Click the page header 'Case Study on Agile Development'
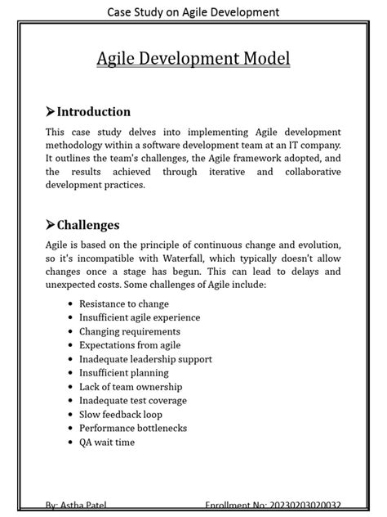pos(193,11)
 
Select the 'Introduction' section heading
pos(94,111)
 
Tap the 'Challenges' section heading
pos(88,224)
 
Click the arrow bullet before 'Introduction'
pos(51,111)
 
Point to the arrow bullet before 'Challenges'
pos(51,224)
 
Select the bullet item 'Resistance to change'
pos(124,303)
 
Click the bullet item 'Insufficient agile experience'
pos(139,317)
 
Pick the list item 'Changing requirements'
pos(129,331)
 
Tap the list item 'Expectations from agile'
pos(130,345)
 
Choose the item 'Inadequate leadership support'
pos(145,359)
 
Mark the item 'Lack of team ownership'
pos(131,387)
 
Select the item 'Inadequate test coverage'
pos(132,401)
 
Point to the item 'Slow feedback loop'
pos(120,415)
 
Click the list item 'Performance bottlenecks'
pos(131,429)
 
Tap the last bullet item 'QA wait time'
pos(107,443)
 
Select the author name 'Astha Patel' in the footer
pos(85,507)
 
